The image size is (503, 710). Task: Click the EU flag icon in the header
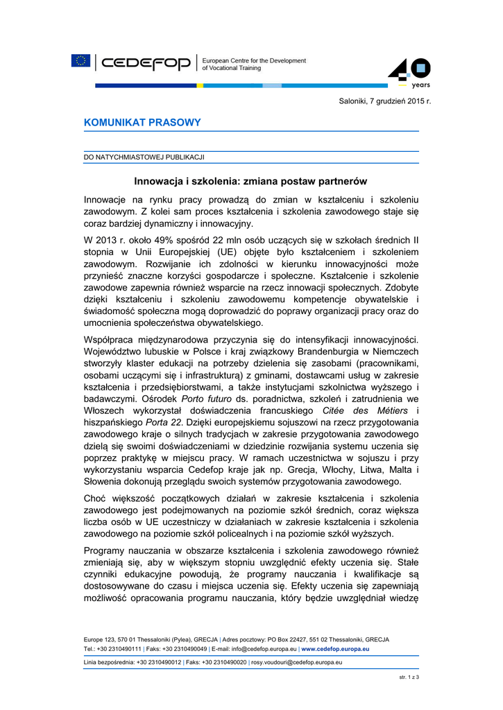(x=80, y=61)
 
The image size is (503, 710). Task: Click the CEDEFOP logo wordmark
(x=146, y=64)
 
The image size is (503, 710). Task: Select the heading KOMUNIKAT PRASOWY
(x=142, y=123)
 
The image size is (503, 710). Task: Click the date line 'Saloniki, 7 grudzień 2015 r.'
(x=385, y=102)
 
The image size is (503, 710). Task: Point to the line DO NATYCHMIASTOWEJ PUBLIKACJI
(x=144, y=157)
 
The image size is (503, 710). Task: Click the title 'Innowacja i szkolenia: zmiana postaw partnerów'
(x=250, y=182)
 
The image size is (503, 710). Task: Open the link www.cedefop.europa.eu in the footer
(x=335, y=649)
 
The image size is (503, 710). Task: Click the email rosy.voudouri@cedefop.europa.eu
(x=296, y=663)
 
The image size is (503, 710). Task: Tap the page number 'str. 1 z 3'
(x=409, y=676)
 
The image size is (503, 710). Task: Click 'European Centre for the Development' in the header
(x=253, y=61)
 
